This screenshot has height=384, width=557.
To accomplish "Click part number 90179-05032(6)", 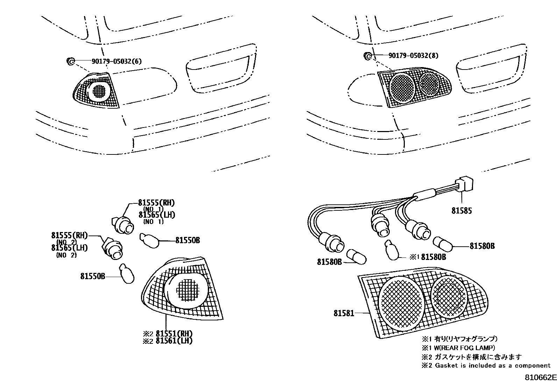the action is click(117, 61).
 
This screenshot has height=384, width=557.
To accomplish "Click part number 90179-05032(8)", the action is click(413, 56).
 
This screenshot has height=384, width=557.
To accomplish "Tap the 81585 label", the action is click(461, 211).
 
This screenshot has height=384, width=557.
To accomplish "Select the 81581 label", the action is click(344, 313).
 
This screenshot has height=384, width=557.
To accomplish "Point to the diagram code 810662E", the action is click(541, 377).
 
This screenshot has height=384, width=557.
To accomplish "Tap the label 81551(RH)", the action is click(174, 333).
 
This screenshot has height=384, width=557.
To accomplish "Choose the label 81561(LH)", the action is click(174, 341).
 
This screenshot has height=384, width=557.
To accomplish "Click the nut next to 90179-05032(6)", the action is click(70, 61).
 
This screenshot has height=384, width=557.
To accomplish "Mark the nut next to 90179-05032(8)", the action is click(367, 56).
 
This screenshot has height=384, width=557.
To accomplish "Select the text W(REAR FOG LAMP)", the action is click(464, 348).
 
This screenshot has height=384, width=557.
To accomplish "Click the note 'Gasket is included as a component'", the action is click(493, 365).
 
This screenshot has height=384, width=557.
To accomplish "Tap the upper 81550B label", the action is click(188, 240).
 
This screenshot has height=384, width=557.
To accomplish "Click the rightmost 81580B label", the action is click(482, 246).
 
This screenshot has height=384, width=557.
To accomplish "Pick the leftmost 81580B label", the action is click(330, 262).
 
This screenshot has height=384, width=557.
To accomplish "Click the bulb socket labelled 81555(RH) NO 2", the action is click(112, 249).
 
